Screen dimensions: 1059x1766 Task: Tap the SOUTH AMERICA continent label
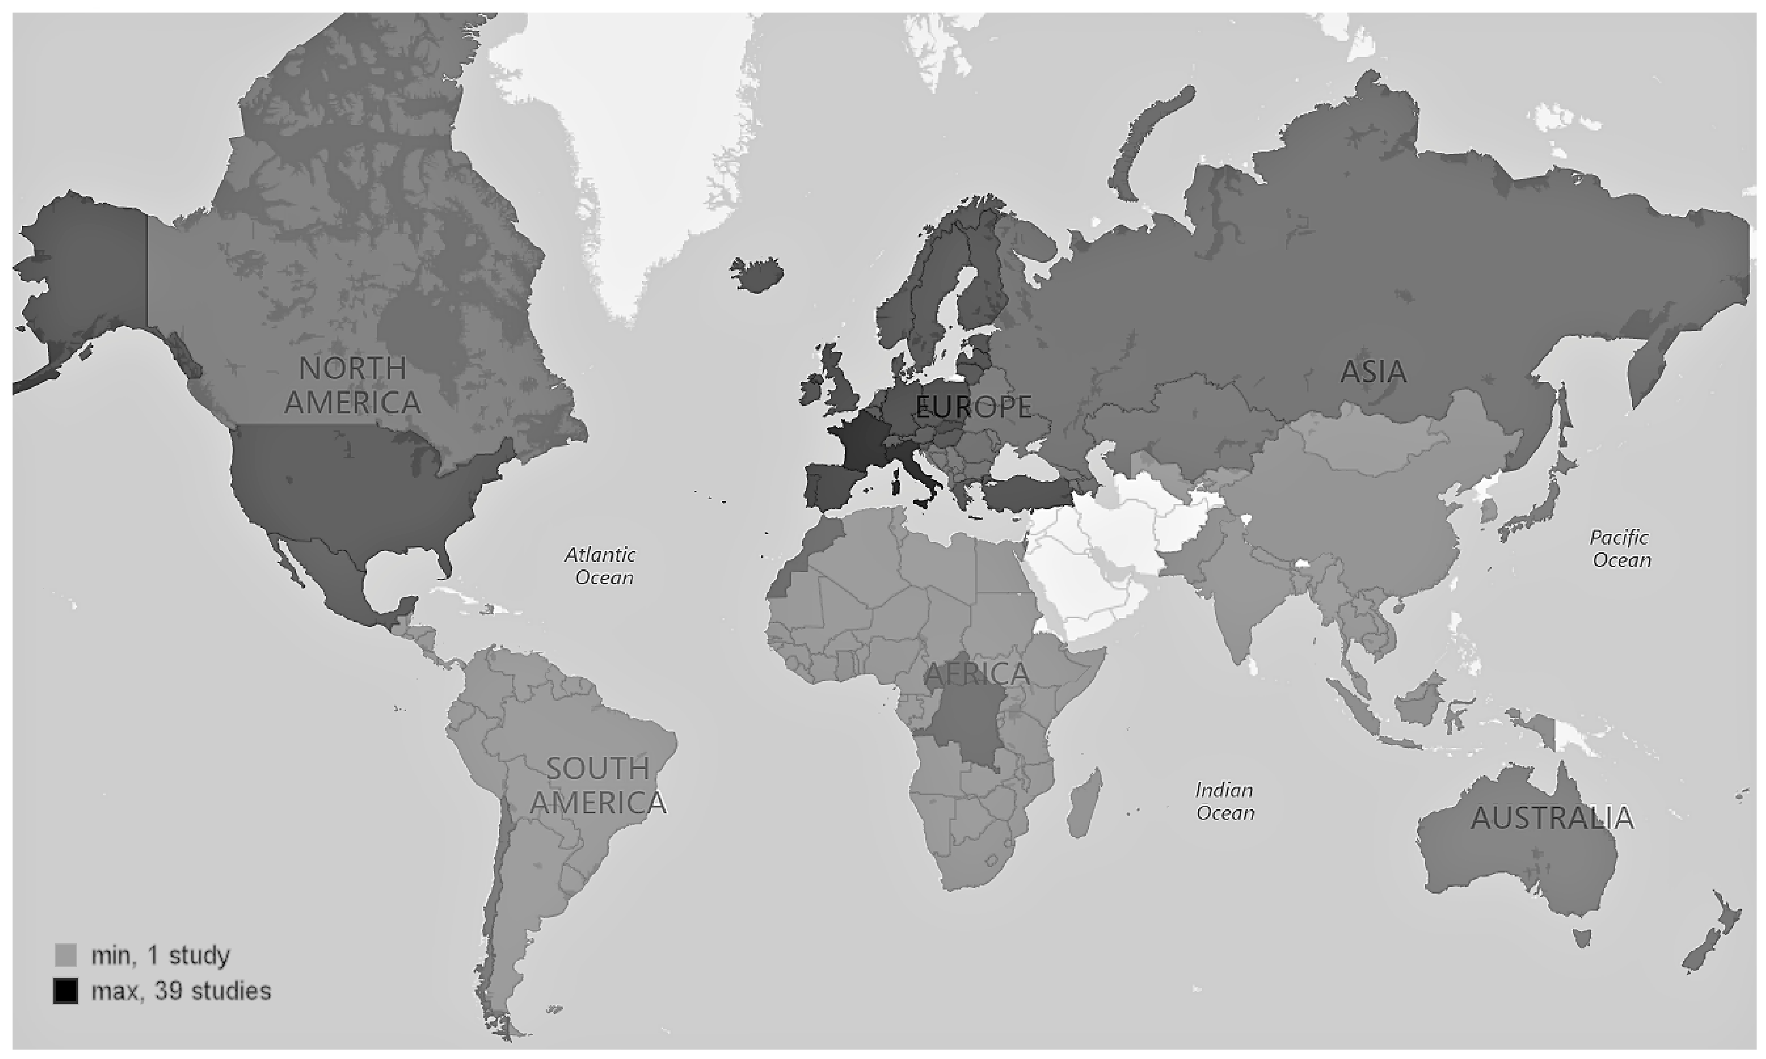click(598, 786)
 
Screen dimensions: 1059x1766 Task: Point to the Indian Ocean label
click(1224, 801)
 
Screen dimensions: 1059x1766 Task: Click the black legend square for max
click(65, 991)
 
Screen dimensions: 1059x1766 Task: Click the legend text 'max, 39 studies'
click(181, 991)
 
